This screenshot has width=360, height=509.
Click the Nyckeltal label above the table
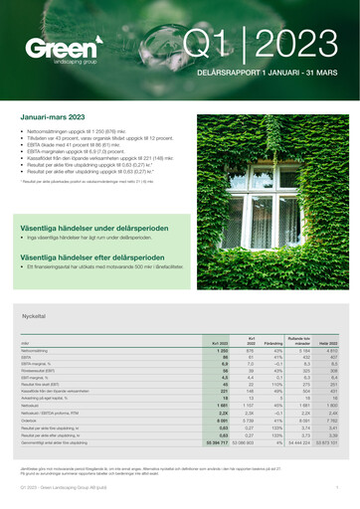tap(34, 315)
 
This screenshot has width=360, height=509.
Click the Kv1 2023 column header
tap(221, 342)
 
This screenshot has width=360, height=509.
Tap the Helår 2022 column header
tap(328, 342)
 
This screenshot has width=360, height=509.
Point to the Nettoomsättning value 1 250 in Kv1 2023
tap(223, 351)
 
